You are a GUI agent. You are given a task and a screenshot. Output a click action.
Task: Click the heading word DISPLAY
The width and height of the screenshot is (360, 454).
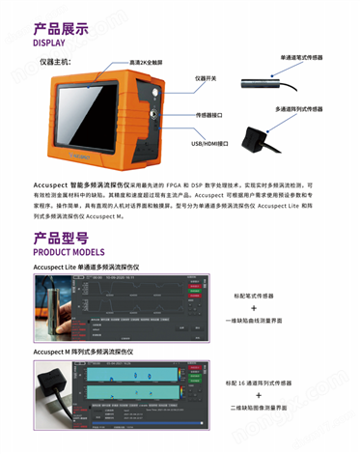pos(55,43)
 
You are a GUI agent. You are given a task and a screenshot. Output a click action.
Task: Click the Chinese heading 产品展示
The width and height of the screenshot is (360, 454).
pos(61,28)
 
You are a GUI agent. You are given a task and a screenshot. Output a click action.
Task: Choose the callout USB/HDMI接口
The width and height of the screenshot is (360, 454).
pos(209,143)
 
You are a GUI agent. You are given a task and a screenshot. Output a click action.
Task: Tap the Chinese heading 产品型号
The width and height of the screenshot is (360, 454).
pos(61,237)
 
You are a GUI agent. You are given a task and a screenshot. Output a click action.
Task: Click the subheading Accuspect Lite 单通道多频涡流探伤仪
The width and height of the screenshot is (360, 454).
pos(86,266)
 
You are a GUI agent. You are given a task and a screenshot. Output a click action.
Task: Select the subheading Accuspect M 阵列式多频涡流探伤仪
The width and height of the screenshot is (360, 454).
pos(86,355)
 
